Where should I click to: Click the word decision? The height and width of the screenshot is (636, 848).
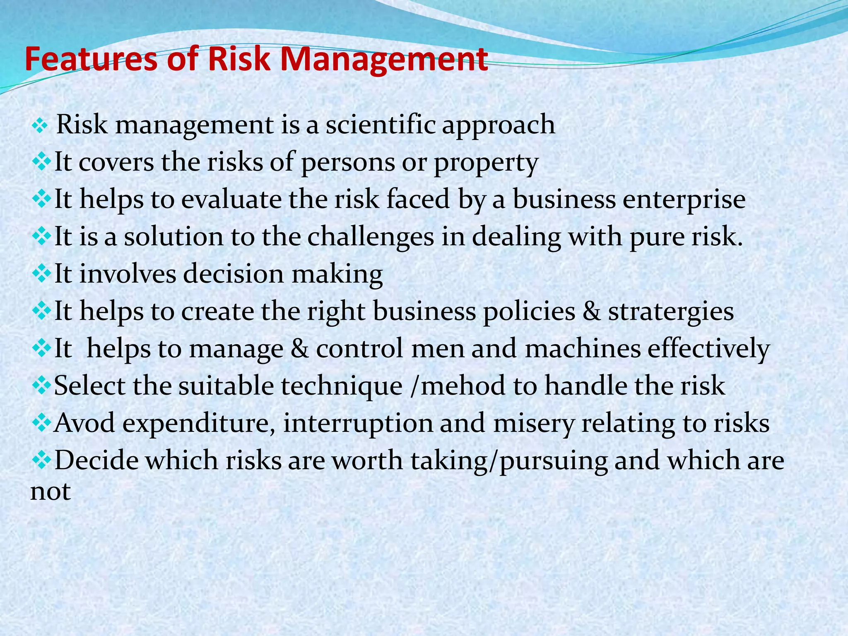[x=234, y=274]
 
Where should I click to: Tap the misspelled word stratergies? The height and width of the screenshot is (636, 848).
[x=671, y=312]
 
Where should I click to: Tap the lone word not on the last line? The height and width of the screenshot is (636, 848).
[x=51, y=491]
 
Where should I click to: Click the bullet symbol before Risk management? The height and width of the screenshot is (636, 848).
[x=40, y=125]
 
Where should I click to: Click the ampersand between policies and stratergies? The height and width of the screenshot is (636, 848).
[x=591, y=312]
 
